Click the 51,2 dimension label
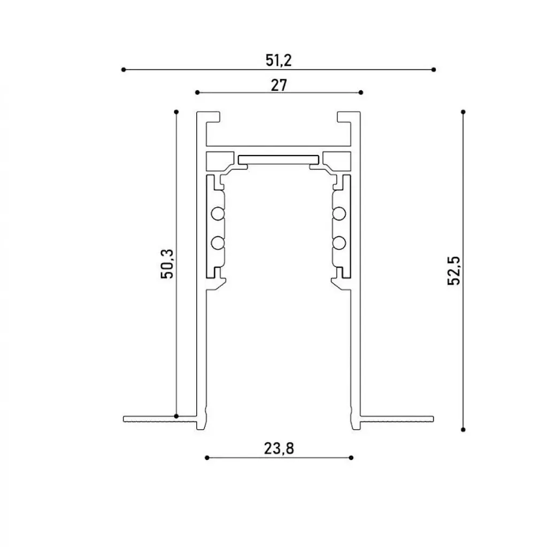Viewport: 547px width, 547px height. click(279, 60)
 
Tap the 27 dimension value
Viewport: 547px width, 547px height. click(279, 85)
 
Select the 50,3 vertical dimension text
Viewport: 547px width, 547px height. click(167, 264)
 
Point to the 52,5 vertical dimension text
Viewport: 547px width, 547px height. click(454, 271)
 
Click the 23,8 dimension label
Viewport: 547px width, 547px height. click(279, 448)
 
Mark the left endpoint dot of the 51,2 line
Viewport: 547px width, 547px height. click(124, 70)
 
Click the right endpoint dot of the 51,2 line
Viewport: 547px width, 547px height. click(434, 70)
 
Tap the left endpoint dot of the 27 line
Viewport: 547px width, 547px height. click(197, 92)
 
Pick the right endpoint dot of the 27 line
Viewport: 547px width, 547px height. click(361, 92)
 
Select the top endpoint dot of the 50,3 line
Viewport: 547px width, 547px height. click(176, 112)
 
